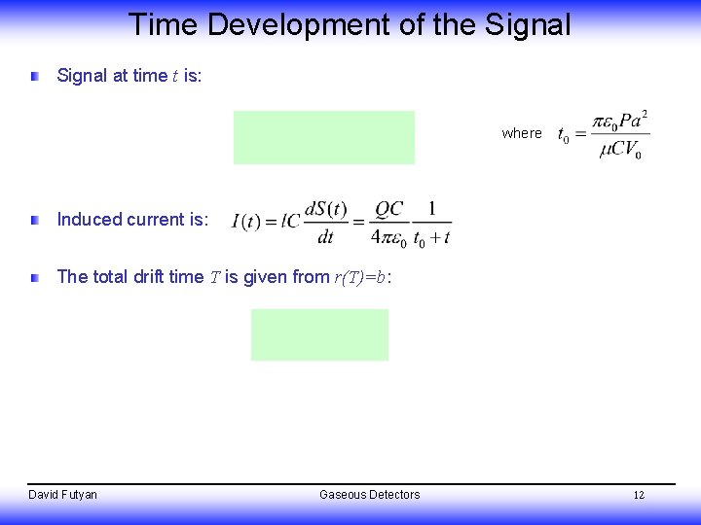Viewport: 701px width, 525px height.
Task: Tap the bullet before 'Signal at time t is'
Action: point(35,76)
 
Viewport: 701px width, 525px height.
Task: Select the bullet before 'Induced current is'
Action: point(35,221)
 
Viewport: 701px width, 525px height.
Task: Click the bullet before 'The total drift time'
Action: point(35,278)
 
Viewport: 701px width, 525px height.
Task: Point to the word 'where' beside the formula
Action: point(522,133)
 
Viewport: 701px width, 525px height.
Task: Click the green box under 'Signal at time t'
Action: point(323,137)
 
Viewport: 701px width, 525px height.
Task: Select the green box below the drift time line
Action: point(319,334)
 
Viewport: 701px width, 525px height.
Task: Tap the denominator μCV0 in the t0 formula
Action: point(620,152)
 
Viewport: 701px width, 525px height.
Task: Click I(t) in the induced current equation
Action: point(250,223)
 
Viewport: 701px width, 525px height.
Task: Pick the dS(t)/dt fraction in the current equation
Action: point(325,223)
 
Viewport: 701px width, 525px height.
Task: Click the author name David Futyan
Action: point(62,495)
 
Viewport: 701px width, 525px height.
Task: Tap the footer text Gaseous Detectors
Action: point(370,495)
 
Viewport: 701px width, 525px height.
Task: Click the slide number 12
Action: point(639,495)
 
